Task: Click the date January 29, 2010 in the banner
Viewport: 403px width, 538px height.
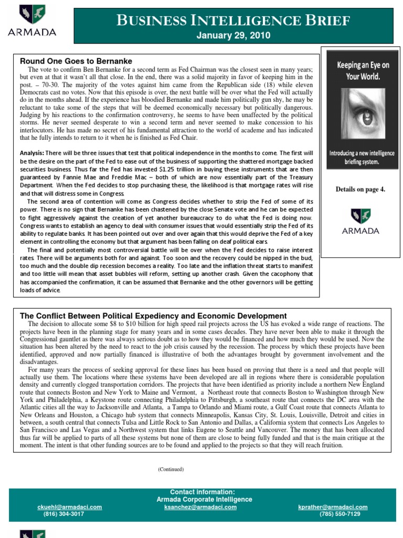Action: [x=233, y=36]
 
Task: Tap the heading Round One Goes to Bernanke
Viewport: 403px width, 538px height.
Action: [x=76, y=61]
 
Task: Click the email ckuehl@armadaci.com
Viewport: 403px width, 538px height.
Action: [x=69, y=507]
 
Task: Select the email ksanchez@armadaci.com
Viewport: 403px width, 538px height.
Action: [x=200, y=507]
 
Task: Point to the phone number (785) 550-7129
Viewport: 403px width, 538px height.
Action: [x=340, y=514]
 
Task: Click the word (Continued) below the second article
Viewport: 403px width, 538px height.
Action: [x=171, y=469]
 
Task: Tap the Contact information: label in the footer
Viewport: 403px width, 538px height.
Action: [x=203, y=492]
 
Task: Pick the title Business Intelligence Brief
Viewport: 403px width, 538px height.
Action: [x=233, y=20]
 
